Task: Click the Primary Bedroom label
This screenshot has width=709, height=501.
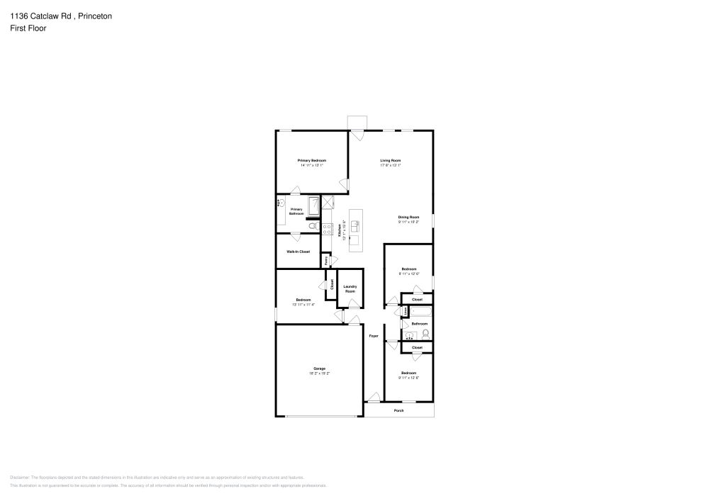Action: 312,161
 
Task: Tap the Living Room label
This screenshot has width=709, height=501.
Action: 391,161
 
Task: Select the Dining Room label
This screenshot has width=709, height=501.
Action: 408,217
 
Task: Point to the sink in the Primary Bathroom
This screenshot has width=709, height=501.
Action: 281,203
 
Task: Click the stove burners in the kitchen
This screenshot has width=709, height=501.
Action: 328,228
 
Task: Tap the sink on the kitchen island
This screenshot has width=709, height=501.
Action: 355,225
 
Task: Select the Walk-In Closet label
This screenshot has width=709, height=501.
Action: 298,252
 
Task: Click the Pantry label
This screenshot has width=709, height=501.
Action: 326,260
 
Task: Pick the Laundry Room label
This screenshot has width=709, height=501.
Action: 350,289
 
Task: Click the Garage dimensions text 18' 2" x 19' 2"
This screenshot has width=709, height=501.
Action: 320,373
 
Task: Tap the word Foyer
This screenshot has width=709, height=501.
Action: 374,336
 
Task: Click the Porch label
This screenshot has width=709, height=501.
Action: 398,410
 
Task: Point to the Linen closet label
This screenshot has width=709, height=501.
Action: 405,311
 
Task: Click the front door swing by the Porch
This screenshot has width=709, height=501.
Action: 374,401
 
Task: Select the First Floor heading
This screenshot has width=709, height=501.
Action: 28,28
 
